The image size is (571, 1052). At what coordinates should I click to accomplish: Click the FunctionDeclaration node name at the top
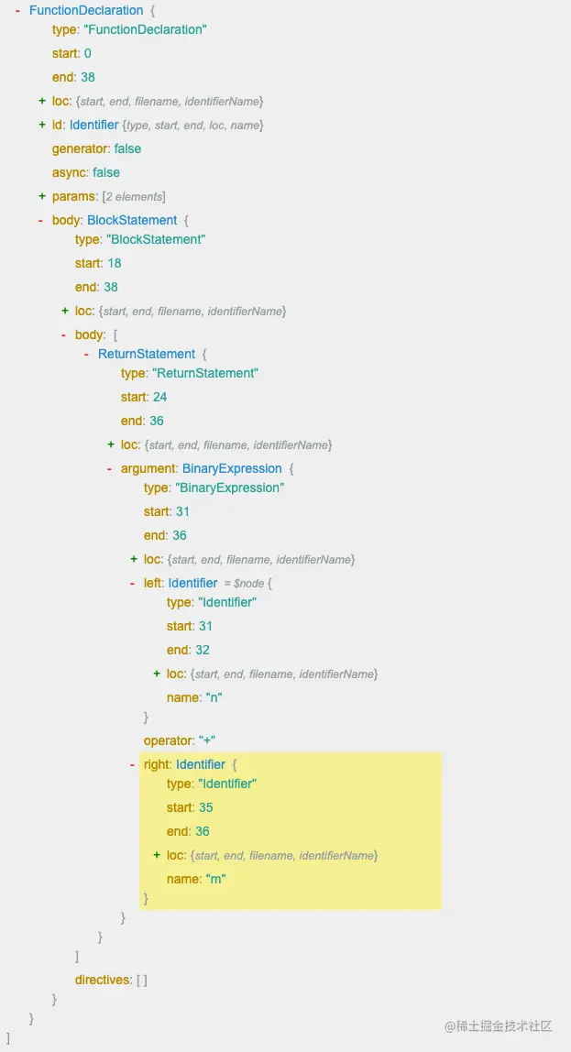click(x=86, y=10)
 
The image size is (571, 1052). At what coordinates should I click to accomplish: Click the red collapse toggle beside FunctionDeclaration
click(x=18, y=10)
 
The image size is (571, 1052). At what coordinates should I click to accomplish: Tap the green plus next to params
click(x=42, y=196)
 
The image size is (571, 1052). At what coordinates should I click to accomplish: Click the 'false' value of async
click(x=106, y=172)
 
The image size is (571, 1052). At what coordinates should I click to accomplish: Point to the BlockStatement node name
click(x=132, y=220)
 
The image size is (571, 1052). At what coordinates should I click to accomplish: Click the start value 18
click(x=115, y=263)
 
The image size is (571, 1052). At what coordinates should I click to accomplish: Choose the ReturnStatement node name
click(x=147, y=354)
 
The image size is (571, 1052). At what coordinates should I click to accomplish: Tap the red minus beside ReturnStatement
click(x=87, y=354)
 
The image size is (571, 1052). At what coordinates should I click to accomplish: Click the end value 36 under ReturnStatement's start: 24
click(x=157, y=421)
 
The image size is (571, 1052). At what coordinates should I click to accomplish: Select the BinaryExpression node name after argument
click(x=232, y=468)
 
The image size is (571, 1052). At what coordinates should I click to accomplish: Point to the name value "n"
click(x=214, y=697)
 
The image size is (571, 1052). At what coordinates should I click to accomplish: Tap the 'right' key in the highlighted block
click(x=157, y=764)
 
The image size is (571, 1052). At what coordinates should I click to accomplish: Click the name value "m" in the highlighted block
click(x=215, y=879)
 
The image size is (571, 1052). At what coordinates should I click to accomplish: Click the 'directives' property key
click(x=103, y=980)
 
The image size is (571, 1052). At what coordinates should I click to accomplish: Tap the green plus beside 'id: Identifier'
click(x=42, y=125)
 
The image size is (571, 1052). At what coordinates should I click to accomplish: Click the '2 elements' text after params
click(x=135, y=197)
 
